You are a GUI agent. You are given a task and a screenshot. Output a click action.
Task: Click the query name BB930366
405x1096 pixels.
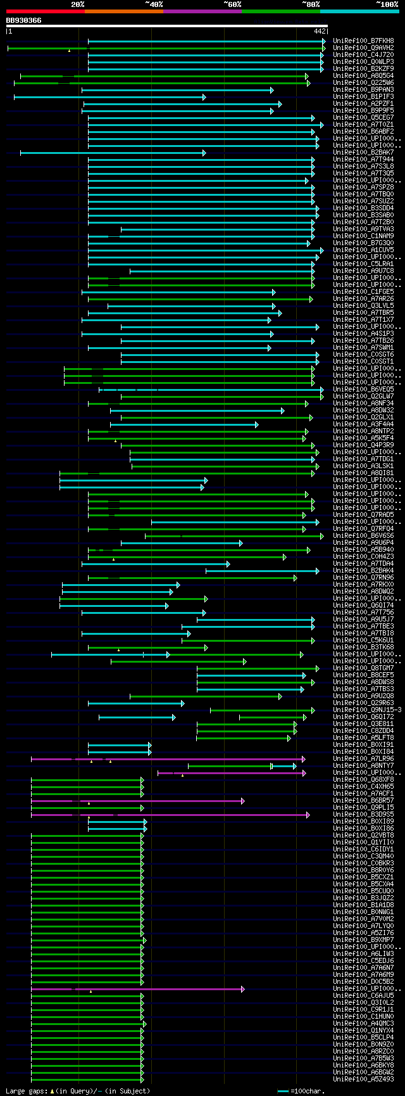[x=23, y=20]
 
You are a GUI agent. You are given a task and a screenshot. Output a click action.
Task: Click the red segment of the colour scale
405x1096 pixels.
[x=45, y=11]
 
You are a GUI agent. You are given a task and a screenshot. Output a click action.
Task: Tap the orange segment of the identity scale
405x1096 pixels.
[x=123, y=11]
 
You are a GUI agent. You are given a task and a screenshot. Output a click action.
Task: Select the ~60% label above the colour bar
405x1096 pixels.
[x=232, y=4]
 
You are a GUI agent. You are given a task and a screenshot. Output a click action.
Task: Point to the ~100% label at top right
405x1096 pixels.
[x=387, y=4]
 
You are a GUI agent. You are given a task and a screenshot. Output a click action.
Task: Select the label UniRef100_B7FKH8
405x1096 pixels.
[x=363, y=41]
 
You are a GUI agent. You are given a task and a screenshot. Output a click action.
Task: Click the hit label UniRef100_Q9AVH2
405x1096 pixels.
[x=363, y=48]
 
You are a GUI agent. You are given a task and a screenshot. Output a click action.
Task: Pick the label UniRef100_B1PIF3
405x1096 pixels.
[x=363, y=96]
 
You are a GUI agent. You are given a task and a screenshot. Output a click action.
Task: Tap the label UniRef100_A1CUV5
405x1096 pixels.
[x=363, y=250]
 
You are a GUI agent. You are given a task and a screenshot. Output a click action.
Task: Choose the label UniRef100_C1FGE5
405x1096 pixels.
[x=363, y=291]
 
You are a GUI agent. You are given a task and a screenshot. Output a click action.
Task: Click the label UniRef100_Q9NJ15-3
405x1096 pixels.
[x=367, y=710]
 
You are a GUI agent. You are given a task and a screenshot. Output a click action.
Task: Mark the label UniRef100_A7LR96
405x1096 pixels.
[x=363, y=758]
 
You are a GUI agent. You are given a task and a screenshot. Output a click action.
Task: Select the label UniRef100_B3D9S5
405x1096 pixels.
[x=363, y=814]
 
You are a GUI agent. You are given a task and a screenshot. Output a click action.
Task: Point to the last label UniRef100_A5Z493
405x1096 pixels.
[x=363, y=1079]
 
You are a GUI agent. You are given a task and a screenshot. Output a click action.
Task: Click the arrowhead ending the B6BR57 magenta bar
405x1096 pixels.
[x=243, y=801]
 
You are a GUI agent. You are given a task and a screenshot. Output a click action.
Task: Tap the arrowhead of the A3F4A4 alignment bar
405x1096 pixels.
[x=256, y=424]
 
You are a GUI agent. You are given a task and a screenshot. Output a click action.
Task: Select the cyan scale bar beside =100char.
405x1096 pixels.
[x=283, y=1091]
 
